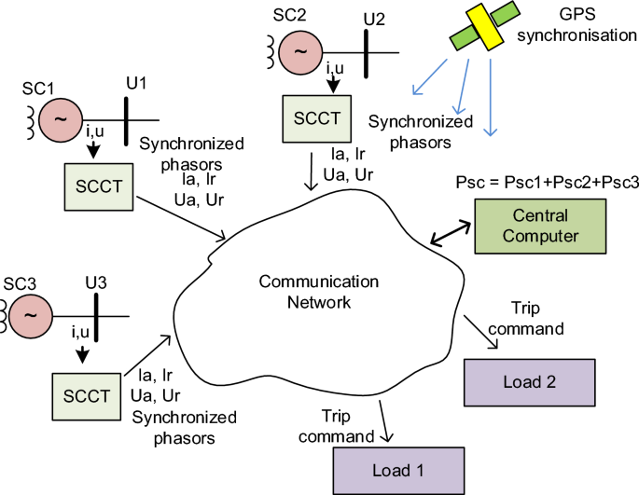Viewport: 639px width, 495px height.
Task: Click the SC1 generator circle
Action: [62, 121]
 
